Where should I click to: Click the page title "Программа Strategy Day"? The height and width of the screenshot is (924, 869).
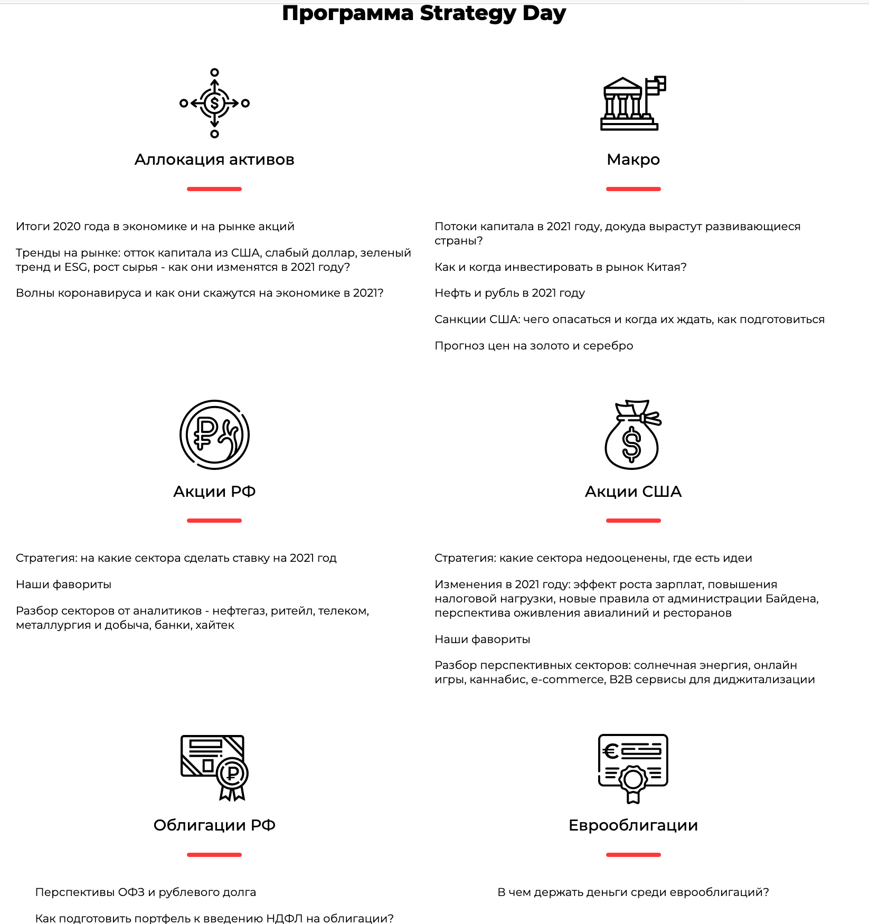click(x=423, y=13)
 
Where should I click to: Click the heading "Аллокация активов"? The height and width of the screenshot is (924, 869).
click(x=214, y=159)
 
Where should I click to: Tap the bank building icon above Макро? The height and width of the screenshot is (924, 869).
click(x=632, y=103)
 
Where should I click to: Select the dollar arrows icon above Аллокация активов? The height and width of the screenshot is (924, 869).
click(x=214, y=103)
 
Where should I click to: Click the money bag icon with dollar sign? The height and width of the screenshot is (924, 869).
click(x=632, y=435)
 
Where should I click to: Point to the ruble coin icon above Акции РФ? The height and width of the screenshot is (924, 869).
click(x=214, y=435)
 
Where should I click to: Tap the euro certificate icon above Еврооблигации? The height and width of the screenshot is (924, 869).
click(x=633, y=768)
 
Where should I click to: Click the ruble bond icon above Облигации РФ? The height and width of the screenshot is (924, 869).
click(x=214, y=768)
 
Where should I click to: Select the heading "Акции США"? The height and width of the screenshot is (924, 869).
click(x=633, y=492)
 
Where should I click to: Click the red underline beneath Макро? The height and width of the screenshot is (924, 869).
click(x=633, y=189)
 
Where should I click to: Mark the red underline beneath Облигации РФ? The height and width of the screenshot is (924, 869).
click(x=214, y=855)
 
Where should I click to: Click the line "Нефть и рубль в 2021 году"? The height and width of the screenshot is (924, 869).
click(x=509, y=293)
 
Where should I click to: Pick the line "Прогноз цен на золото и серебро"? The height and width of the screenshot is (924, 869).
click(x=534, y=346)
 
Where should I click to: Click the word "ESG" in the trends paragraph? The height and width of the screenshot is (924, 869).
click(x=75, y=267)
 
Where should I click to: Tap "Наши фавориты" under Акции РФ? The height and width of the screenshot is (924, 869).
click(x=63, y=584)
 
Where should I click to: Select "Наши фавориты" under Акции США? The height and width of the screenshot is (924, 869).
click(x=482, y=639)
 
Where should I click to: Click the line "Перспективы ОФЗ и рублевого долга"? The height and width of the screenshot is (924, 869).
click(x=145, y=892)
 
